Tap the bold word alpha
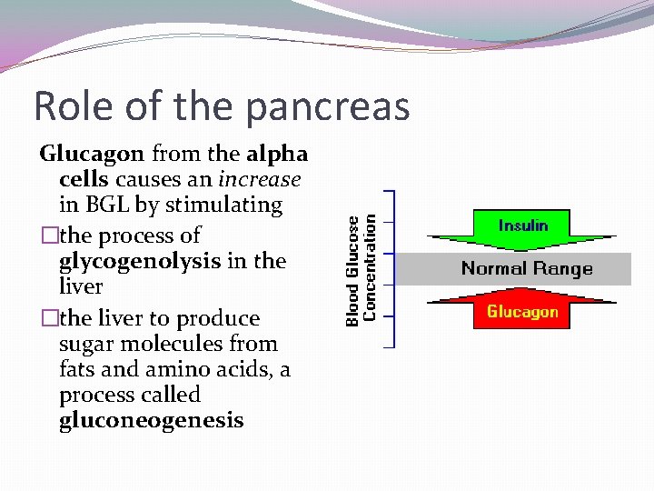pyautogui.click(x=277, y=154)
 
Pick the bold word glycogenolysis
pyautogui.click(x=140, y=261)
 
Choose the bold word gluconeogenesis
pyautogui.click(x=152, y=420)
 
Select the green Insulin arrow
pyautogui.click(x=522, y=232)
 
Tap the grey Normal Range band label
pyautogui.click(x=527, y=268)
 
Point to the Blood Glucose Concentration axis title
pyautogui.click(x=362, y=269)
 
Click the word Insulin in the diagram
pyautogui.click(x=522, y=225)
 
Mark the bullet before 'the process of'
pyautogui.click(x=48, y=235)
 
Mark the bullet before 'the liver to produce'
pyautogui.click(x=48, y=318)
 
